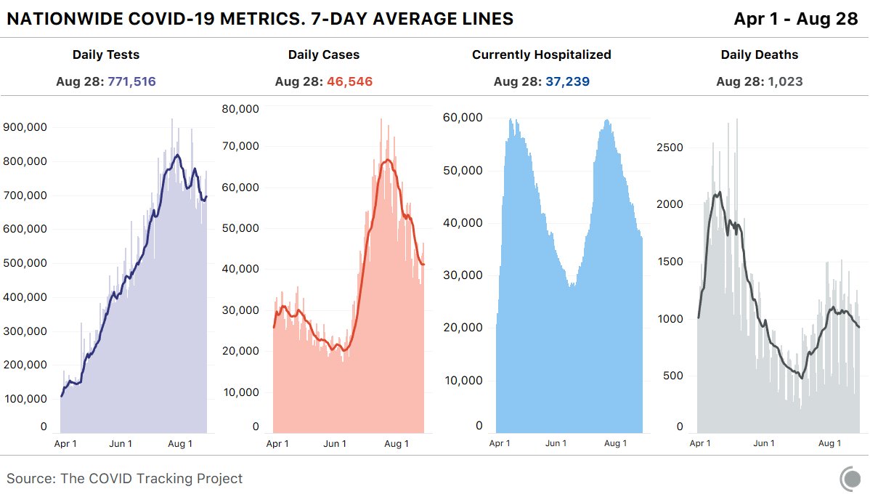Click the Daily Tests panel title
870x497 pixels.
click(x=106, y=54)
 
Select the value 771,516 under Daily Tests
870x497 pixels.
click(x=131, y=81)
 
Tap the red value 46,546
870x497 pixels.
click(x=349, y=81)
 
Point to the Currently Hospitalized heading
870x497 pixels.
click(x=541, y=54)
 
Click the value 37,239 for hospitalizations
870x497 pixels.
click(x=567, y=81)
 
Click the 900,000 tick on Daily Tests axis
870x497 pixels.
click(x=26, y=127)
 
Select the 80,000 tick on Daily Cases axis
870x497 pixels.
click(x=240, y=109)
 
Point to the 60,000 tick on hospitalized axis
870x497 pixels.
click(x=463, y=118)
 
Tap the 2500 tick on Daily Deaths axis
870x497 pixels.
click(x=670, y=148)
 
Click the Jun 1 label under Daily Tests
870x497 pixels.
click(x=121, y=443)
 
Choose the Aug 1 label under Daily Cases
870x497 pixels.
click(x=396, y=443)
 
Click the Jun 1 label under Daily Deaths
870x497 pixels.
click(x=763, y=443)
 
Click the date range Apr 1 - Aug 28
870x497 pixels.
click(x=796, y=19)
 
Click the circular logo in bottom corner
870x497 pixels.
click(x=850, y=479)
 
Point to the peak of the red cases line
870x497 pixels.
click(x=389, y=160)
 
